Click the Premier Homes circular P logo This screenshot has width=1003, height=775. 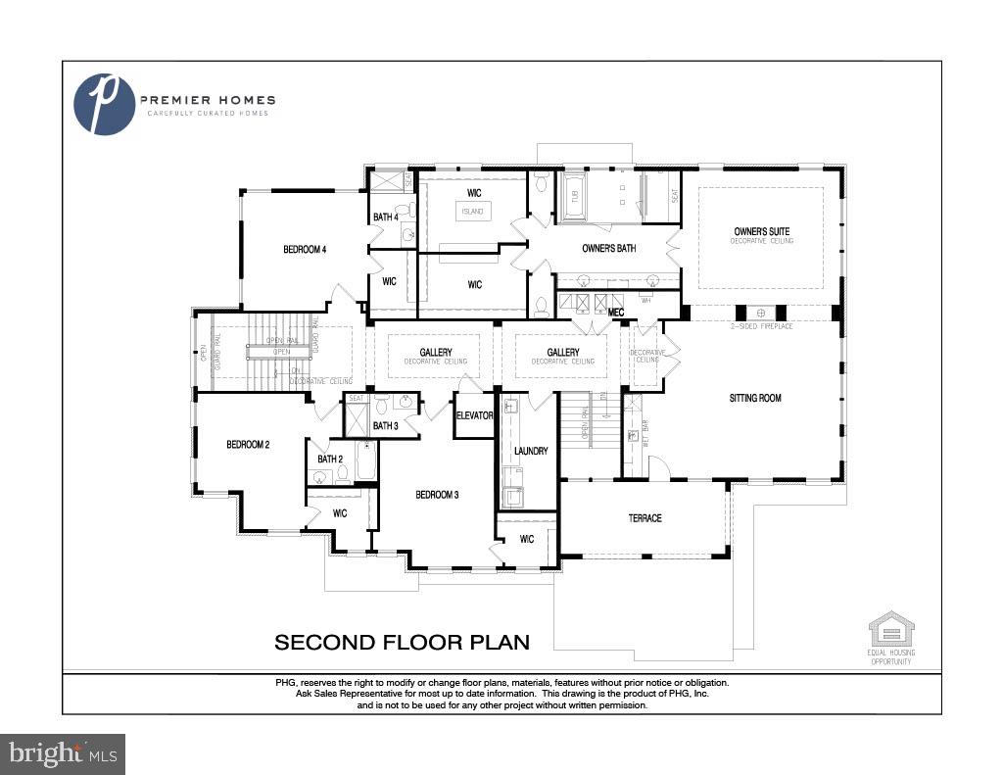105,104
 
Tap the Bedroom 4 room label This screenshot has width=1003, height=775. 305,250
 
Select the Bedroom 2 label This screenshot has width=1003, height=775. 248,445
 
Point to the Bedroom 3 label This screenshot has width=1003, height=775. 437,495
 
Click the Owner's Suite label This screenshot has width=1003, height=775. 761,232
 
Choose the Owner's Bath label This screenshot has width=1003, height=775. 608,249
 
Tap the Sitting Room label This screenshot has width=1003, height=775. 755,398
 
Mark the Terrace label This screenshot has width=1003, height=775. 645,518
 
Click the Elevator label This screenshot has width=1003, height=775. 474,415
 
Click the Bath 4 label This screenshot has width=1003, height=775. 385,218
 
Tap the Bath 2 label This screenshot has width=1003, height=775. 329,459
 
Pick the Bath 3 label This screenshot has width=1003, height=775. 385,425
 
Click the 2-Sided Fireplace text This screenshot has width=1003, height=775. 760,325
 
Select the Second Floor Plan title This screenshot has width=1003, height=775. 402,643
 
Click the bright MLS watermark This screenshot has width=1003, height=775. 63,753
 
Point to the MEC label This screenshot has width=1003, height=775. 616,313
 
